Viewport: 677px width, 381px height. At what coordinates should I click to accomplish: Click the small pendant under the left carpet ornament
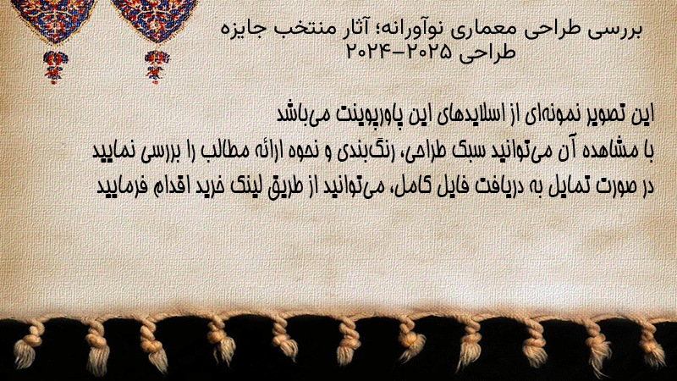coord(55,67)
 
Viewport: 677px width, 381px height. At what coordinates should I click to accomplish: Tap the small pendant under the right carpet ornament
coord(157,67)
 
